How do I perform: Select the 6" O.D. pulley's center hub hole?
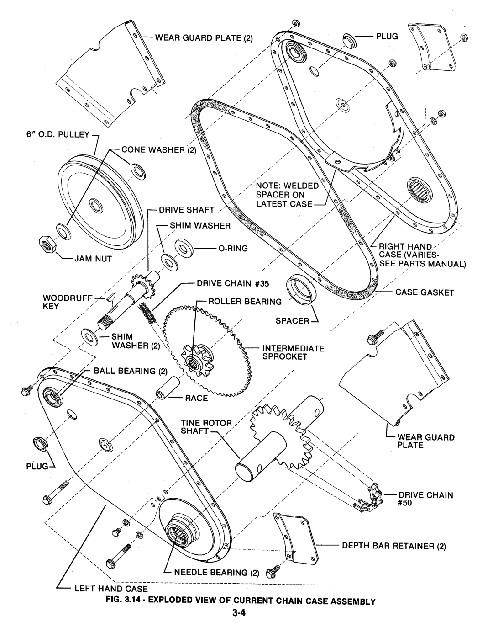pos(95,205)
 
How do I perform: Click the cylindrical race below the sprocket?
pos(168,388)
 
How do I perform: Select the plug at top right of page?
pos(349,40)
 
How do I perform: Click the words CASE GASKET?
pos(425,292)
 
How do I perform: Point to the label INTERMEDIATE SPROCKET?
pos(293,352)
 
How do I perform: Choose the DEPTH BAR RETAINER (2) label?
pos(394,546)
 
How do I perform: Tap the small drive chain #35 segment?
pos(146,314)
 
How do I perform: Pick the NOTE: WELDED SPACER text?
pos(287,190)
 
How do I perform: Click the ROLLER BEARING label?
pos(245,302)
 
